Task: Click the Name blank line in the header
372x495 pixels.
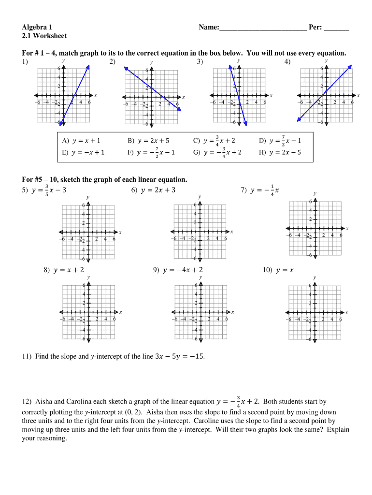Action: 263,30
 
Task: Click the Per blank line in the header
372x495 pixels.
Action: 336,30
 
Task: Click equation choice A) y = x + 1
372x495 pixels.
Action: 81,141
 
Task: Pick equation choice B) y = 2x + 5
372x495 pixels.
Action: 148,141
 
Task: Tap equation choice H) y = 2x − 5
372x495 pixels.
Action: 280,152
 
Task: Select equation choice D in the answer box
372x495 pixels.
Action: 280,141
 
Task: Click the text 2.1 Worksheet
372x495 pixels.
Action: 44,36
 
